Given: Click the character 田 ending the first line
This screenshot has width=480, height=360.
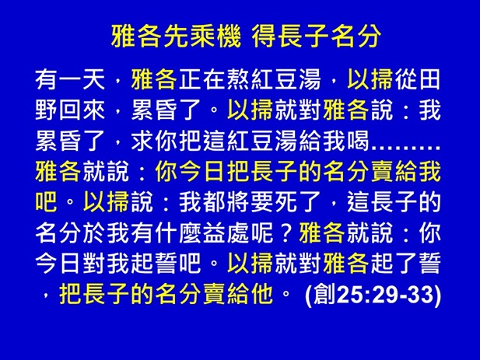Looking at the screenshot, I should (430, 79).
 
